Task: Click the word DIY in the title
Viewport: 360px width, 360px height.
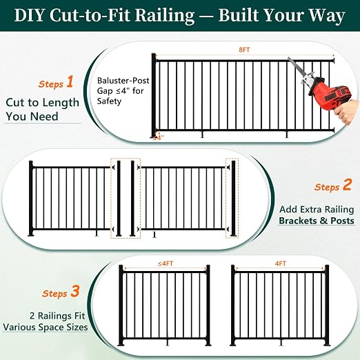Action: (29, 15)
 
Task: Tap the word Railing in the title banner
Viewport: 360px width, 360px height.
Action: (164, 16)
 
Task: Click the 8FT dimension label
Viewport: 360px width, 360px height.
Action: (244, 50)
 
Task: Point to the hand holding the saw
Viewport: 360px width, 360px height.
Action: (347, 112)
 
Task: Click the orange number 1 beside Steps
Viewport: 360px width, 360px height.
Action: (70, 81)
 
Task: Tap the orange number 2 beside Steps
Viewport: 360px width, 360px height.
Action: (347, 185)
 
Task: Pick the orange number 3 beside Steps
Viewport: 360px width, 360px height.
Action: (75, 291)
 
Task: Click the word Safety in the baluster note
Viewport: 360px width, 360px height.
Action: (109, 101)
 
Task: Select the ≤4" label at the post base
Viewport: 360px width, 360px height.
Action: (159, 138)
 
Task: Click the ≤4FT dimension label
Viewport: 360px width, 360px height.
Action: (166, 263)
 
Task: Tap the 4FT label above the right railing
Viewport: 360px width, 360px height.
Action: (281, 263)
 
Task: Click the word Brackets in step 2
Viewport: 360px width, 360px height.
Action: (297, 221)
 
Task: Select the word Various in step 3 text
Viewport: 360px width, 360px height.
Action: (19, 327)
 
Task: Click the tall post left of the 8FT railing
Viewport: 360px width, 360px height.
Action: (154, 96)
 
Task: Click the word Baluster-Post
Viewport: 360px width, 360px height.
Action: (123, 81)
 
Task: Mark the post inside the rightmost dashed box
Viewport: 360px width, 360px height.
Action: (233, 199)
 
